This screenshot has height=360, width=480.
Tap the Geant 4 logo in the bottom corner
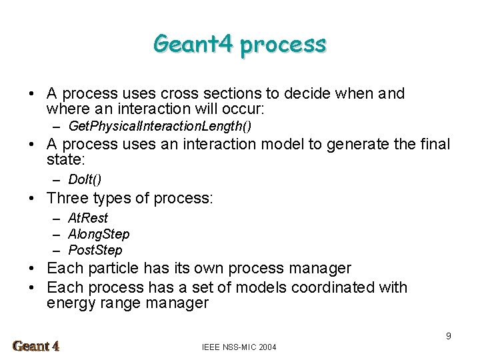(37, 346)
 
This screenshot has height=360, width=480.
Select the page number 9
(449, 336)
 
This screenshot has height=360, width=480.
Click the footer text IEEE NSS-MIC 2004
(239, 347)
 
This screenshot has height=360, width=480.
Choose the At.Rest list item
(88, 218)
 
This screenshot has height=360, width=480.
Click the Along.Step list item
(99, 234)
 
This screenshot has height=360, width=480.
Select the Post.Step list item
(95, 250)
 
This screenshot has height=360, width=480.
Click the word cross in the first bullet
(199, 94)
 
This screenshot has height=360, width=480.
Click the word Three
(68, 198)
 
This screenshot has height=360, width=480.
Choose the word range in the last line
(118, 304)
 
